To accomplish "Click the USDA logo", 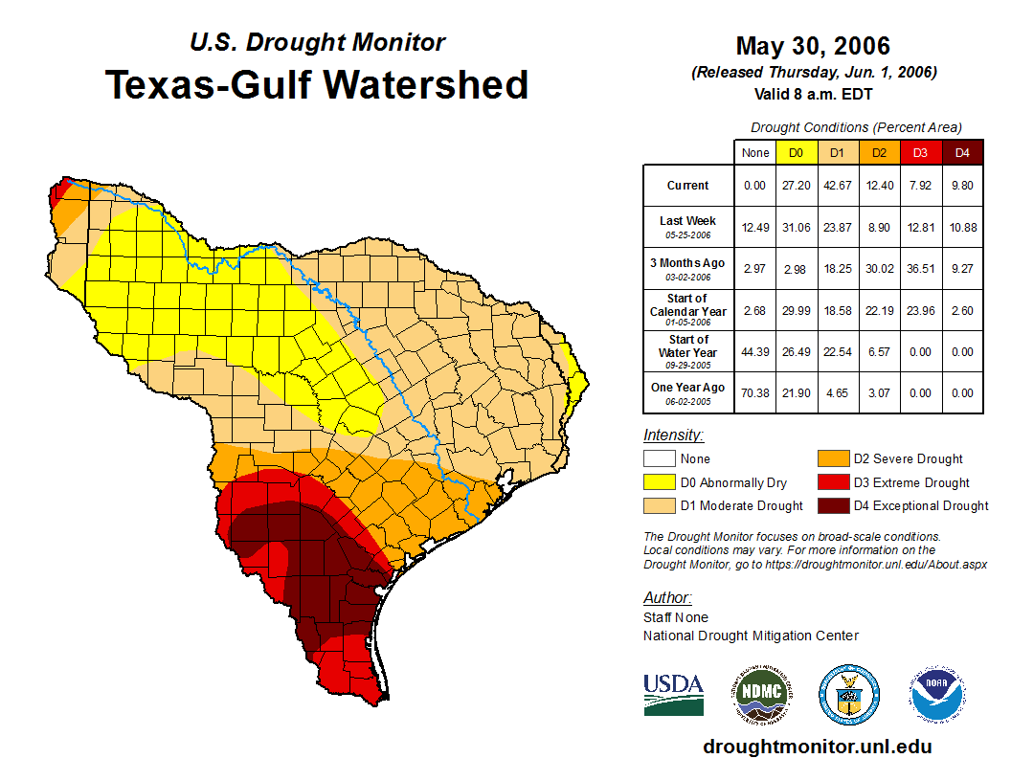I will (673, 694).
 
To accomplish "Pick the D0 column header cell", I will (797, 152).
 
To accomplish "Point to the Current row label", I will (688, 186).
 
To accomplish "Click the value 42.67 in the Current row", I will (838, 186).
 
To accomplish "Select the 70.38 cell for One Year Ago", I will (755, 392).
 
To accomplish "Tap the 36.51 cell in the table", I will (920, 269).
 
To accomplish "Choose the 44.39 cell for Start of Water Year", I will (755, 351).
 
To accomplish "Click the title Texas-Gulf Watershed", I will (317, 84).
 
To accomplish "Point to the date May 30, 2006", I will (813, 46).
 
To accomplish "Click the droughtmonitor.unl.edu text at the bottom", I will (817, 747).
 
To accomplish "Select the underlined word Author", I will (666, 598).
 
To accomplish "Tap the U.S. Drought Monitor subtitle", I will (317, 43).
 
